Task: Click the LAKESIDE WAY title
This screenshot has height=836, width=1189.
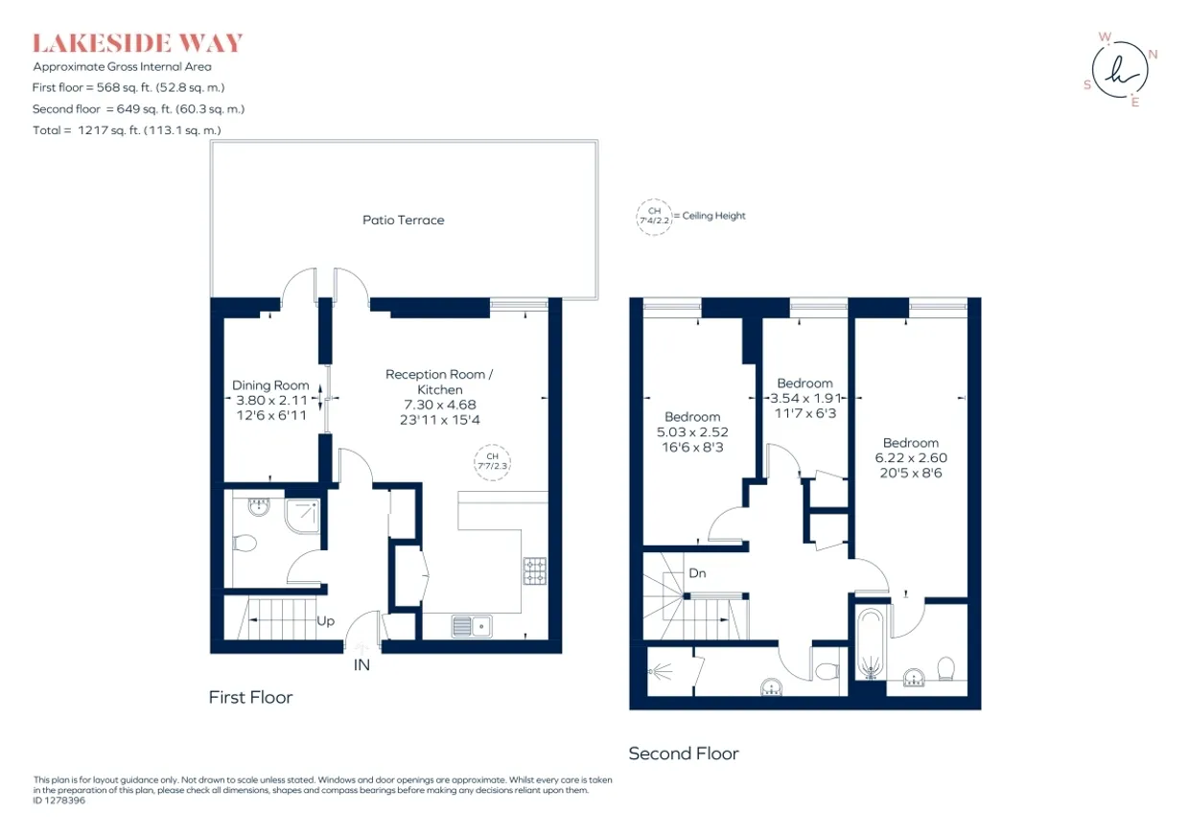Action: coord(137,43)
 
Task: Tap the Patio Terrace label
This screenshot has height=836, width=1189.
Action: coord(404,220)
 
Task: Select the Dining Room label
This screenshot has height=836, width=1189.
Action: coord(270,385)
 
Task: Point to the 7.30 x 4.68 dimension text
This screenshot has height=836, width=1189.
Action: coord(440,405)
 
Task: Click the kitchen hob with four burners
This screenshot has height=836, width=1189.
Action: coord(534,570)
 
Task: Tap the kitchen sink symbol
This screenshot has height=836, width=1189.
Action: coord(472,626)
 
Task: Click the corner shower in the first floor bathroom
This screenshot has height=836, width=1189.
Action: coord(303,516)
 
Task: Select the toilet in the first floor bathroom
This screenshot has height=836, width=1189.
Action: coord(245,543)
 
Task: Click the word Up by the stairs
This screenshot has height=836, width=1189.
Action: coord(325,621)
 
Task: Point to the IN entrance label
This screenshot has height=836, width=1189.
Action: coord(361,664)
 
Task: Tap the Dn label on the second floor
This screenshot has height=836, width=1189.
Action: coord(697,573)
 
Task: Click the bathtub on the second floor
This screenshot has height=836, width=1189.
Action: coord(871,643)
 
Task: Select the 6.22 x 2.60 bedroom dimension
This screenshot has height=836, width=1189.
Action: coord(911,457)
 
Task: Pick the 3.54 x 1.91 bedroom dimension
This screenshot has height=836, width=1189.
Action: coord(805,398)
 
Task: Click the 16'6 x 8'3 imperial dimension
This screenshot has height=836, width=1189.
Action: coord(692,448)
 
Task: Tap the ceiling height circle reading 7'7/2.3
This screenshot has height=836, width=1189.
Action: coord(492,462)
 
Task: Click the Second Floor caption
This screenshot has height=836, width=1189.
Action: coord(684,754)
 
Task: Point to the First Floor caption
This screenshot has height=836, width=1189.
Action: coord(250,697)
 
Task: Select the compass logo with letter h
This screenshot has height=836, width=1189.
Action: coord(1120,71)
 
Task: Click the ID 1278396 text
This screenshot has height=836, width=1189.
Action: coord(58,801)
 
